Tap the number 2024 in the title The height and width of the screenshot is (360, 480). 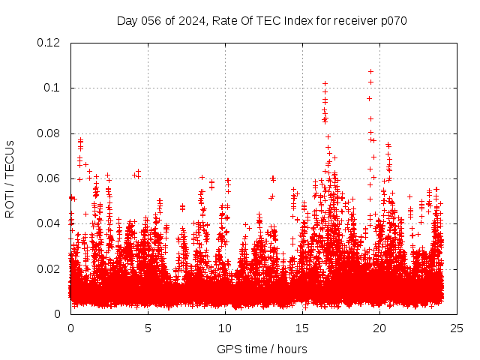coord(190,20)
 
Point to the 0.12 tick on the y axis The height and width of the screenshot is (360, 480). coord(50,43)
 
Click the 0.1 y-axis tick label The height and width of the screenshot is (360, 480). coord(53,88)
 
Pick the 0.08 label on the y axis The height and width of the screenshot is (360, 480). coord(50,133)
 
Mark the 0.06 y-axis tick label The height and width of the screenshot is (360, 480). coord(50,178)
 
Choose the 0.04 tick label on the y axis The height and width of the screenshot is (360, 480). coord(50,223)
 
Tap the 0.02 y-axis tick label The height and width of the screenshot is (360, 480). coord(50,269)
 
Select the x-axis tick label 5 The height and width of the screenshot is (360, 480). coord(148,328)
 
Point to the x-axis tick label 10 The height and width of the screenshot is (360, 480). coord(225,328)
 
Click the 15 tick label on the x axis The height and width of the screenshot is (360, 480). coord(302,328)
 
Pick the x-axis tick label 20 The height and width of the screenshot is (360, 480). coord(379,328)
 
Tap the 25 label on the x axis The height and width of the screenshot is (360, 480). coord(457,328)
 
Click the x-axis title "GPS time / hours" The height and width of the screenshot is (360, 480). coord(262,349)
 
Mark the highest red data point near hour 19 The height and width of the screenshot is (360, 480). coord(370,72)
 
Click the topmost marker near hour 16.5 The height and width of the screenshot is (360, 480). coord(325,83)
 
